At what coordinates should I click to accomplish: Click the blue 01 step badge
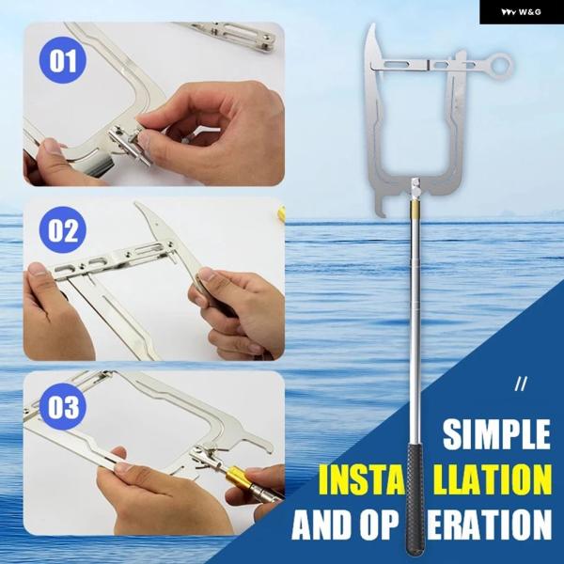pyautogui.click(x=63, y=60)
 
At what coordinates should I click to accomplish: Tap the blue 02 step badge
pyautogui.click(x=63, y=230)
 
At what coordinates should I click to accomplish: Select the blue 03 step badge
pyautogui.click(x=63, y=406)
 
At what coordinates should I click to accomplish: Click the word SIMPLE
pyautogui.click(x=496, y=434)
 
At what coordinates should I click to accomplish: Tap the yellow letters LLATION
pyautogui.click(x=492, y=479)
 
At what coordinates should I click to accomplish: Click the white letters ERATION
pyautogui.click(x=489, y=525)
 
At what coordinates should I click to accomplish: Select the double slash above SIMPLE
pyautogui.click(x=521, y=384)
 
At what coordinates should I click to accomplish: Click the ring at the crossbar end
pyautogui.click(x=502, y=64)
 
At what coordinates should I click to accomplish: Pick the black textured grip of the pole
pyautogui.click(x=415, y=499)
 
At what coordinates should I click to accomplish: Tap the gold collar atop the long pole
pyautogui.click(x=415, y=206)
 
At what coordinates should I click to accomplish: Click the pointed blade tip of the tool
pyautogui.click(x=373, y=24)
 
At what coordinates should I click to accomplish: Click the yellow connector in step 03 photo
pyautogui.click(x=236, y=476)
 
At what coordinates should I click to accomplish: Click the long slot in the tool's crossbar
pyautogui.click(x=395, y=64)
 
